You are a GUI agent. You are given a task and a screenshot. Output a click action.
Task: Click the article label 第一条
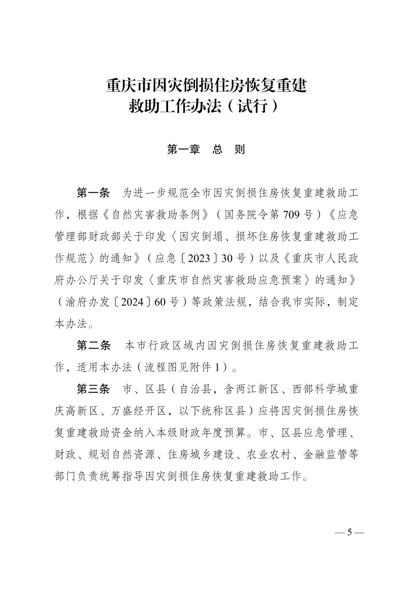(93, 193)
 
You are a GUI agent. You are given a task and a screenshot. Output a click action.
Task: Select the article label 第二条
(93, 345)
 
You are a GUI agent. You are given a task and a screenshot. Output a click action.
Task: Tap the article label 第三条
(93, 389)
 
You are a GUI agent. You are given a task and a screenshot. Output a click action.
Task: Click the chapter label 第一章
(183, 150)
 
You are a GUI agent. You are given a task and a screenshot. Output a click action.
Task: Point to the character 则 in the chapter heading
(240, 150)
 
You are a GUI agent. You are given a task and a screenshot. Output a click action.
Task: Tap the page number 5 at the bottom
(349, 532)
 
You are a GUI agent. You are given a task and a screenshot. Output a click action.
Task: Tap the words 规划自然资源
(122, 455)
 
